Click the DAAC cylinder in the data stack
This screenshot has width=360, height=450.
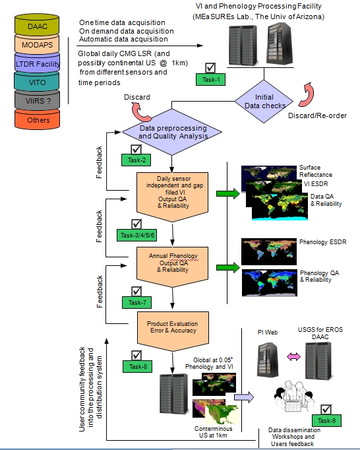coord(37,24)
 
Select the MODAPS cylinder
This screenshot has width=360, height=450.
coord(37,44)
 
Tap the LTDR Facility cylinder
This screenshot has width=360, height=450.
coord(37,63)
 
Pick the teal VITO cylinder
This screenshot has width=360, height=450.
coord(37,82)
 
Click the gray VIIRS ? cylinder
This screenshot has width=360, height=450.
coord(38,100)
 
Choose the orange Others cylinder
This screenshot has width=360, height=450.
coord(38,119)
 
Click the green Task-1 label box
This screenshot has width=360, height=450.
coord(210,79)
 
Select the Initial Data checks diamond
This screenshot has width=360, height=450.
coord(264,102)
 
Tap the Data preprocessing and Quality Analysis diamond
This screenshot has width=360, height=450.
coord(172,132)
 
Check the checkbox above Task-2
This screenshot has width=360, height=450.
coord(136,150)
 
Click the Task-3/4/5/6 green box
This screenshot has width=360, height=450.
coord(137,235)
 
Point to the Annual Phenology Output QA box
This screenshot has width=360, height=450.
coord(172,267)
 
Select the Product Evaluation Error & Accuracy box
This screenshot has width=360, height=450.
coord(173,331)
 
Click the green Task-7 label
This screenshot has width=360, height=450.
coord(137,302)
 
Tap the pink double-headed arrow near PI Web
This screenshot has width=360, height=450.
coord(294,357)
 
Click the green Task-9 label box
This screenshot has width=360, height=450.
coord(326,420)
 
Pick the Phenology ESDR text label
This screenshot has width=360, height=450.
coord(322,242)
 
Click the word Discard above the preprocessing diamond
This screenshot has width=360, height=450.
coord(137,97)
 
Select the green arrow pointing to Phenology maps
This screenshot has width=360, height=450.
coord(228,267)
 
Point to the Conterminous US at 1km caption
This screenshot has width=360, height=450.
coord(213,432)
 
